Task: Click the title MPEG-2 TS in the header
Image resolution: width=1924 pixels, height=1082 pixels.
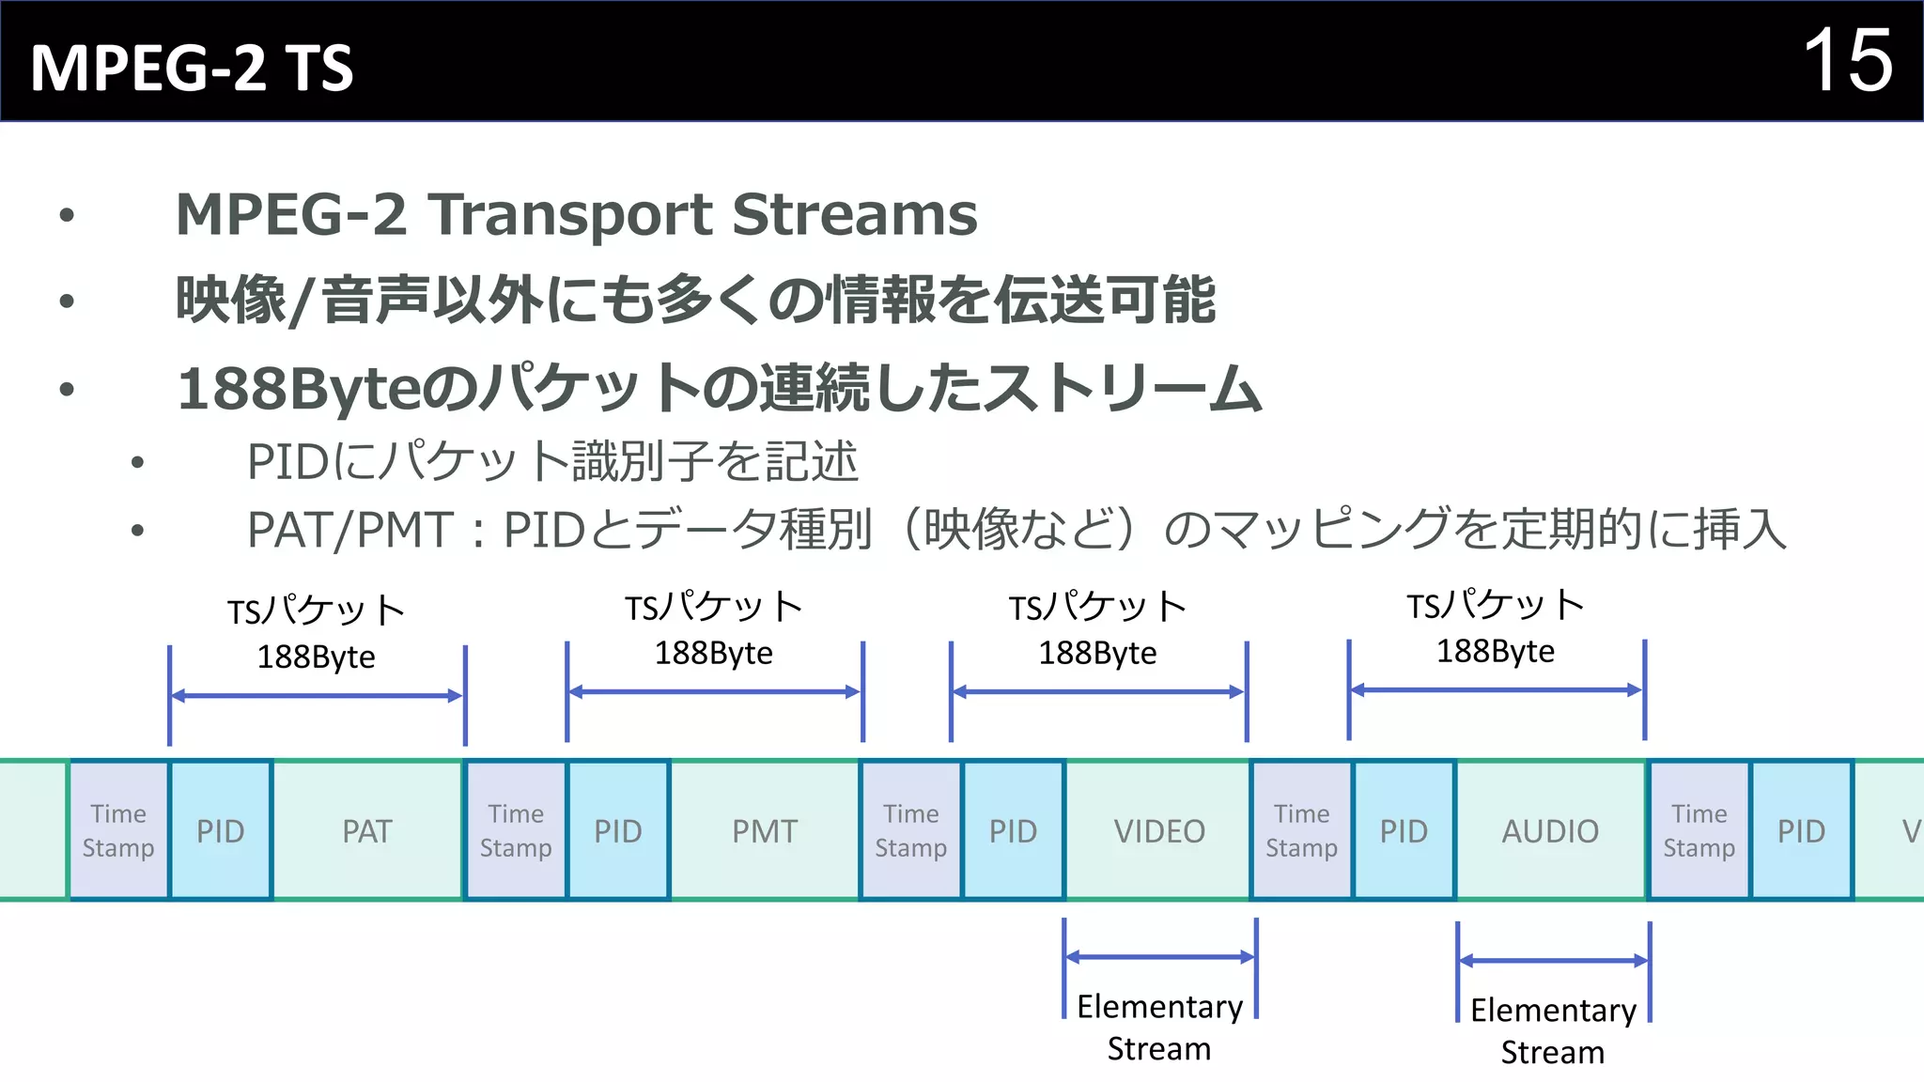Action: click(x=192, y=68)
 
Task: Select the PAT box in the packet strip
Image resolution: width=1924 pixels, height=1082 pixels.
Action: click(x=366, y=831)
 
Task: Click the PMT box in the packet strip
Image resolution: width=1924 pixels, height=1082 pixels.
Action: click(x=765, y=831)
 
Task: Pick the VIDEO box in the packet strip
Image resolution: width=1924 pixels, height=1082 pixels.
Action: click(x=1159, y=831)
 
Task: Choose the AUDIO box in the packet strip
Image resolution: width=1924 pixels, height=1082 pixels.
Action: click(x=1550, y=831)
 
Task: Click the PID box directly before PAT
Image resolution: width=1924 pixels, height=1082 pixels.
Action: click(x=221, y=831)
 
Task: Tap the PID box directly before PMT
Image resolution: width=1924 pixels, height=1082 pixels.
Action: click(x=618, y=831)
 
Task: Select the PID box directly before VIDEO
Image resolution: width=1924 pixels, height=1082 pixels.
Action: click(x=1013, y=831)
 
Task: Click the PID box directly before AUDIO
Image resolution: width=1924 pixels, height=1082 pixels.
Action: click(x=1404, y=831)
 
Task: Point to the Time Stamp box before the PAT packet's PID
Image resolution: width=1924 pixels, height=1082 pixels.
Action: click(x=118, y=831)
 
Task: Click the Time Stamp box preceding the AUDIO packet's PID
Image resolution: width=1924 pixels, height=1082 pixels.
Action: click(x=1301, y=831)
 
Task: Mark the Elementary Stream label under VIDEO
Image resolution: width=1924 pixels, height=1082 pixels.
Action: click(x=1159, y=1027)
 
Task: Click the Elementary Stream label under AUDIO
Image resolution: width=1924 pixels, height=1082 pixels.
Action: click(x=1553, y=1030)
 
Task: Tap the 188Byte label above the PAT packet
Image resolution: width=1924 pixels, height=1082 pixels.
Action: click(x=316, y=657)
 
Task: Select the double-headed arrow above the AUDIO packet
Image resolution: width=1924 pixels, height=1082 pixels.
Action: click(x=1496, y=690)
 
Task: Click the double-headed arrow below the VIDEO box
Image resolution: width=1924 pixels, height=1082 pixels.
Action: click(x=1159, y=957)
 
